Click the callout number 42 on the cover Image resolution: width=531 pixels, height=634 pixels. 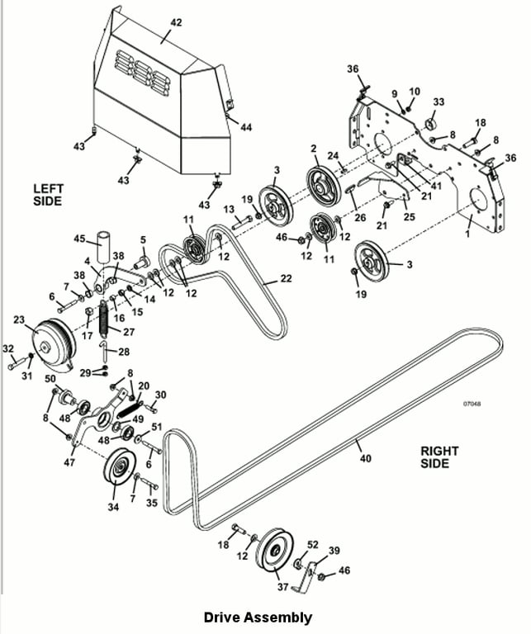coord(176,22)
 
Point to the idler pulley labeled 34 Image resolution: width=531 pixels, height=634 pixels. coord(120,466)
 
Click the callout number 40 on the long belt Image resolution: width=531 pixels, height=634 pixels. coord(366,458)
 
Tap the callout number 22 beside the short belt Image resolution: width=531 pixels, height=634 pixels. coord(286,278)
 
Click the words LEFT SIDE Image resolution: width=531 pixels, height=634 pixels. coord(48,195)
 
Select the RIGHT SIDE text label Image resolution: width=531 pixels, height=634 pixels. coord(439,457)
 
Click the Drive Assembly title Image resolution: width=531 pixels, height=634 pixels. coord(258,617)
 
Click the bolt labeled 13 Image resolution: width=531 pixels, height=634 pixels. coord(242,220)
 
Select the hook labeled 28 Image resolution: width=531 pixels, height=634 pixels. coord(104,351)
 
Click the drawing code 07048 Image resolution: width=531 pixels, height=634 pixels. coord(472,404)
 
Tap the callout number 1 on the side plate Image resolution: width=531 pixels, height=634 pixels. coord(467,234)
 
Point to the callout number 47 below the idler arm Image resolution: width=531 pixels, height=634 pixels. coord(69,461)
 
